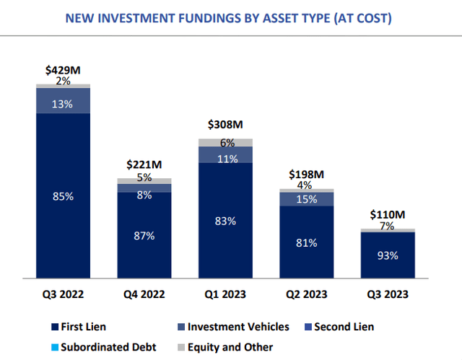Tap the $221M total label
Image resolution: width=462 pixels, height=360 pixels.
coord(144,164)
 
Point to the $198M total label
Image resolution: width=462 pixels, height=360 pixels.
coord(307,175)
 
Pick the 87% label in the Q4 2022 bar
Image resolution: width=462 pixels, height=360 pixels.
coord(144,235)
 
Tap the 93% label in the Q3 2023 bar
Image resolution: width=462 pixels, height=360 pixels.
coord(388,255)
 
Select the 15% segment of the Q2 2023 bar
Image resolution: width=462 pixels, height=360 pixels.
coord(307,198)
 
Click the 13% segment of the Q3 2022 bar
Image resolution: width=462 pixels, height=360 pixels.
coord(63,103)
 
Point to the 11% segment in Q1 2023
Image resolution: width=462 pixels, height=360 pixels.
coord(225,159)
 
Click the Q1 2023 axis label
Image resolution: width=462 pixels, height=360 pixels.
coord(225,294)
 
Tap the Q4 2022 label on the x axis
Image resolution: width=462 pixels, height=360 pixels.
coord(144,294)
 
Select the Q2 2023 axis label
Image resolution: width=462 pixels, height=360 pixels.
coord(307,294)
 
